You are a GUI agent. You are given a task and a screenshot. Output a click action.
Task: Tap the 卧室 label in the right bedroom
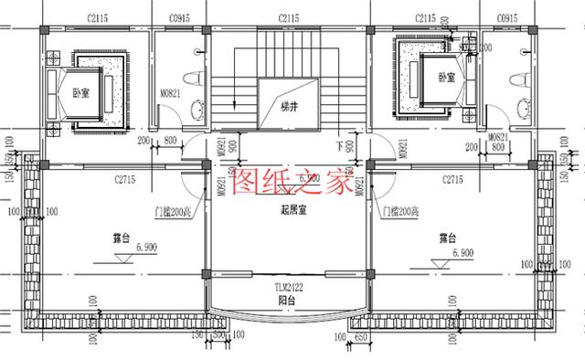446,77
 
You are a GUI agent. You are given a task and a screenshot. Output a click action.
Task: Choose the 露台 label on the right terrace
447,237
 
